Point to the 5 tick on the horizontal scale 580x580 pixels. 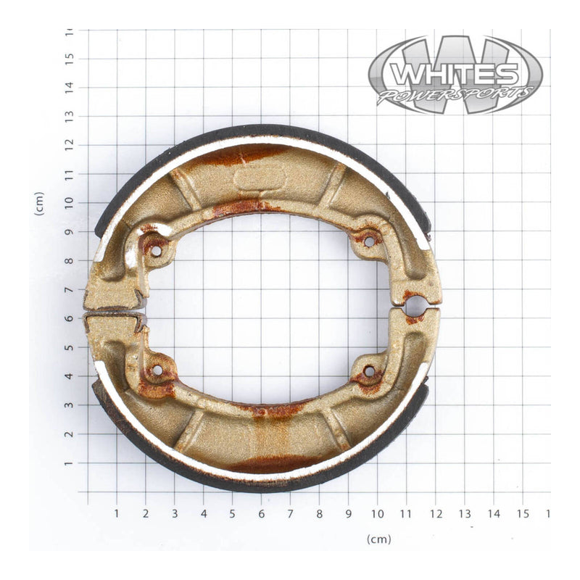tap(232, 513)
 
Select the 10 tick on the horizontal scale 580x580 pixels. tap(377, 513)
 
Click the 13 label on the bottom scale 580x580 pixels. tap(464, 513)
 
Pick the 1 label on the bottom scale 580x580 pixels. tap(116, 513)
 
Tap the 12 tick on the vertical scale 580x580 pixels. tap(70, 145)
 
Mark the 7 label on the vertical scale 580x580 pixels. tap(70, 289)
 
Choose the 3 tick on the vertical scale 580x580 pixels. tap(70, 405)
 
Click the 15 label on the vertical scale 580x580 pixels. tap(70, 58)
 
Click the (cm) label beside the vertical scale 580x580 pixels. tap(39, 204)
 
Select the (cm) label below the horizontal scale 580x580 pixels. tap(378, 539)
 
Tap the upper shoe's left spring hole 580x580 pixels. tap(156, 251)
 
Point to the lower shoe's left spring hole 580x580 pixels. tap(157, 370)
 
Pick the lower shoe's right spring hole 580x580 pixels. tap(368, 372)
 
